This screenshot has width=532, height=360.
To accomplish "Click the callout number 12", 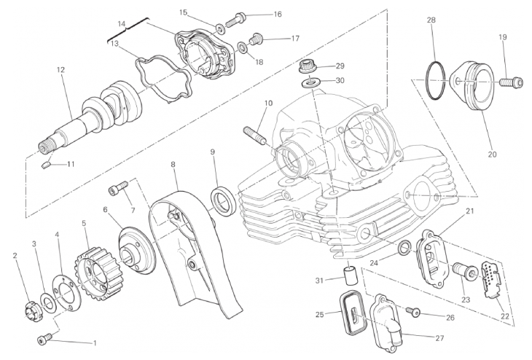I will [60, 70].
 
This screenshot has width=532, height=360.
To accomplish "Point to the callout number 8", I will [173, 165].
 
